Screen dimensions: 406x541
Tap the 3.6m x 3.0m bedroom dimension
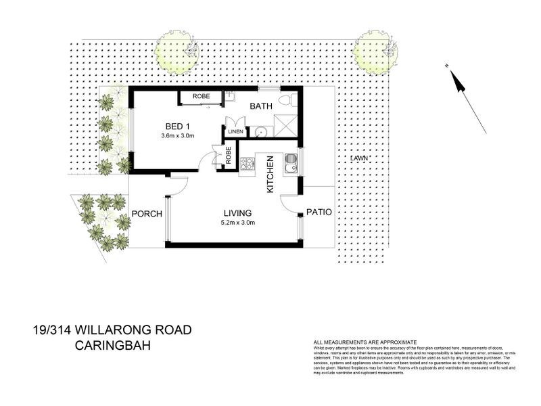[x=178, y=135]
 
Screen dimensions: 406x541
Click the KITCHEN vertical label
[x=270, y=175]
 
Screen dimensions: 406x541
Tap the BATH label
[x=262, y=106]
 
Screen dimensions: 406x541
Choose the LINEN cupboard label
[x=235, y=131]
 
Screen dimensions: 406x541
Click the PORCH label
[x=147, y=214]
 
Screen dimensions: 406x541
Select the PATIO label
[x=319, y=212]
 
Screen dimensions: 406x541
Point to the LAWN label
[x=360, y=158]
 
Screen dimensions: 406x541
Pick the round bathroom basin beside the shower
[x=260, y=131]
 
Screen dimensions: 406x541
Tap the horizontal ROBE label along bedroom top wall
[x=201, y=97]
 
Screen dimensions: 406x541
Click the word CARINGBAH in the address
[x=112, y=346]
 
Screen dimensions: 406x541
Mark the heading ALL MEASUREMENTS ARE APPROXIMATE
[x=364, y=342]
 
